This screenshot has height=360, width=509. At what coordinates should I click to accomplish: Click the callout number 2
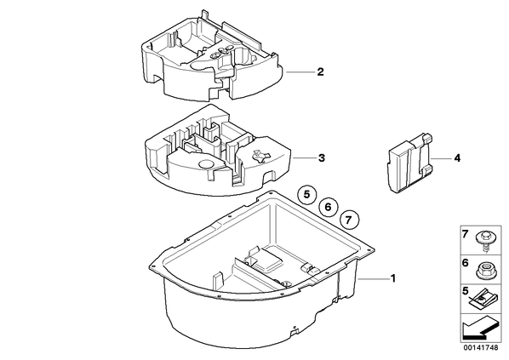click(320, 71)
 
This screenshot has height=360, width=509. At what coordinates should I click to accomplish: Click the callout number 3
click(322, 158)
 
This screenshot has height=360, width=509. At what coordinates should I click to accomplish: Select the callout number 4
click(457, 158)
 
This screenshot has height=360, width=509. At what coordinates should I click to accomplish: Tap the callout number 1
click(393, 278)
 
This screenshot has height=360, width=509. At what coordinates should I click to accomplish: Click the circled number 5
click(307, 194)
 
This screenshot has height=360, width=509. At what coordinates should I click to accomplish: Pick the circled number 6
click(328, 207)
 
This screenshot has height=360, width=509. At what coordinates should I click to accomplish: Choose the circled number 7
click(349, 220)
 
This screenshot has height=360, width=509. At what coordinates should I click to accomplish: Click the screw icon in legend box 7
click(484, 241)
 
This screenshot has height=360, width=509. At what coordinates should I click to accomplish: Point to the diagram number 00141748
click(480, 348)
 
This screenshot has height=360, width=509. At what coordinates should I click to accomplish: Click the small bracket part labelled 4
click(409, 163)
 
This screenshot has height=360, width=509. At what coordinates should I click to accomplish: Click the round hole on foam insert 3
click(205, 164)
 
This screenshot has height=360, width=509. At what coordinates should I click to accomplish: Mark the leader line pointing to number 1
click(373, 278)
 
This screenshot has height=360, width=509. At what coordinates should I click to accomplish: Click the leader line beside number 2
click(300, 71)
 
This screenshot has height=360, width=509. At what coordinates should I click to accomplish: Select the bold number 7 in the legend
click(466, 233)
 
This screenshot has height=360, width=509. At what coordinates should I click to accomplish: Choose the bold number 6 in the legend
click(466, 263)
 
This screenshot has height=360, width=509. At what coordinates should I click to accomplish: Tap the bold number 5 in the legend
click(466, 291)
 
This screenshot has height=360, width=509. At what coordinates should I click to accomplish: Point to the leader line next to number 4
click(441, 158)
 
